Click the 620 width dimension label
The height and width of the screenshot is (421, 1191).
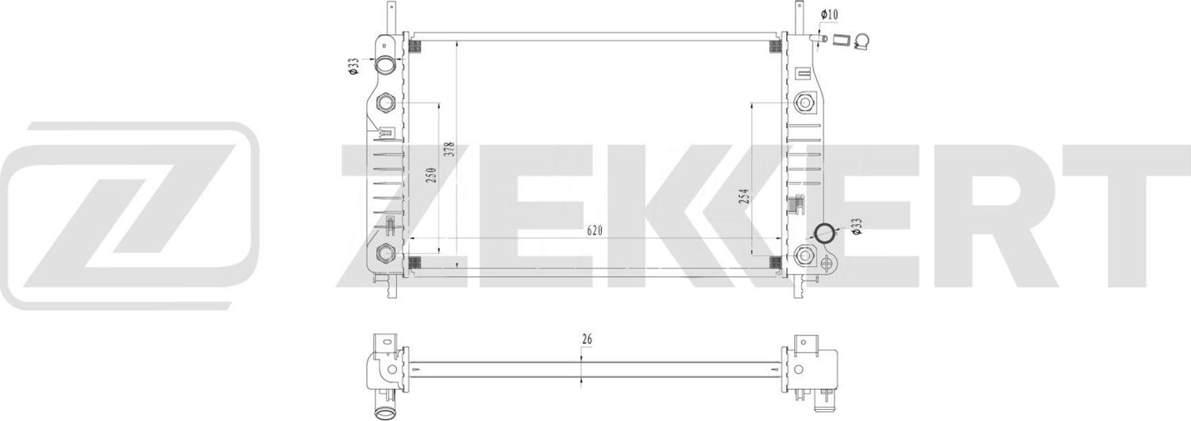595,230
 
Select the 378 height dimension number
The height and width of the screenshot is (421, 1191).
449,151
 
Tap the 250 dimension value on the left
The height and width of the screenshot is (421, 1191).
431,176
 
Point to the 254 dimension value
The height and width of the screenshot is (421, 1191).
744,196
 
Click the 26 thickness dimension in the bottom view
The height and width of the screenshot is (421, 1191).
587,339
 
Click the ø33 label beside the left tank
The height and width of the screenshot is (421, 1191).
352,67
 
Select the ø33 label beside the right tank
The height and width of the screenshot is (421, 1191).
857,228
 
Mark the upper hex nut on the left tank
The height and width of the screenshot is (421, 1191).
386,102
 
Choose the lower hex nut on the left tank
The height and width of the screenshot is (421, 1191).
386,253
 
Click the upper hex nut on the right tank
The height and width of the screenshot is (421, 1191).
804,102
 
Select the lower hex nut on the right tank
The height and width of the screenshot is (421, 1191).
804,255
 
